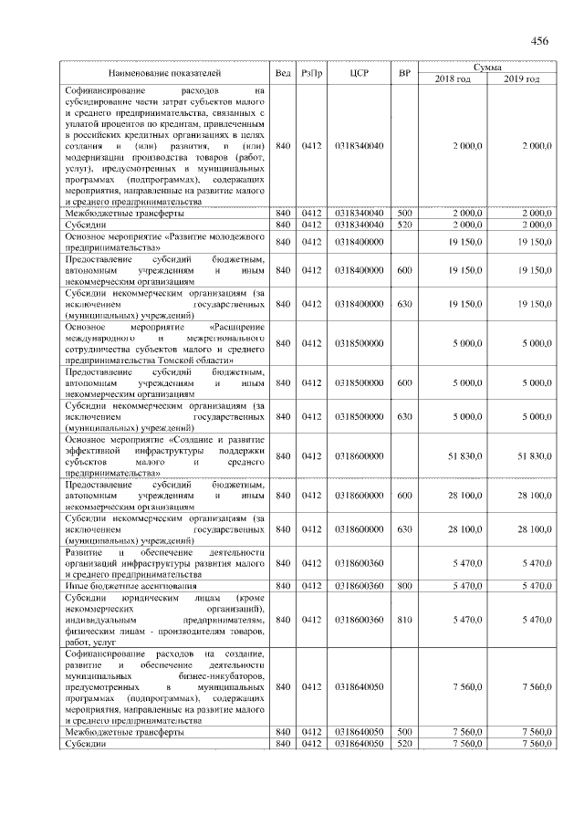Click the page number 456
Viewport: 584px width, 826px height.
(538, 40)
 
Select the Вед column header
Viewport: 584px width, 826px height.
(283, 72)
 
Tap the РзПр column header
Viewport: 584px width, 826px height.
(313, 72)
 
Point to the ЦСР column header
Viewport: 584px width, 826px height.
(359, 72)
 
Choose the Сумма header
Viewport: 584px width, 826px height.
(492, 67)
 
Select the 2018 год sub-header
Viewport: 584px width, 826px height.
(454, 79)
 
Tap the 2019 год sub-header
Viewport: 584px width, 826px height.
(522, 79)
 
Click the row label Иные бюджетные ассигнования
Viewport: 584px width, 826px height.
(124, 585)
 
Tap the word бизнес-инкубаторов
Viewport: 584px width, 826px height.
(224, 675)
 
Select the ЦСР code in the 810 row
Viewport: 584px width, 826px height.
(359, 620)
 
